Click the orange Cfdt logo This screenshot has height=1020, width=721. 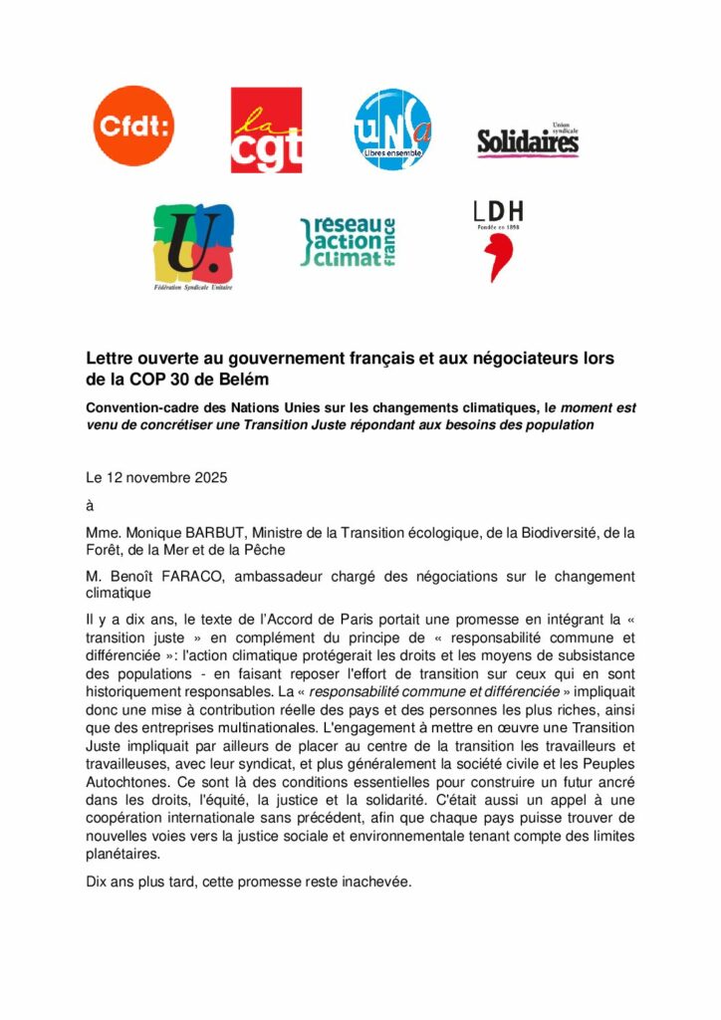coord(133,126)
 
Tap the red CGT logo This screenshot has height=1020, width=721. coord(266,129)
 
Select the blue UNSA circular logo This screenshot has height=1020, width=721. coord(393,129)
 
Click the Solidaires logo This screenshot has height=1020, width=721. coord(527,141)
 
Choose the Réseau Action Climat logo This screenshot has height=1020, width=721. coord(349,242)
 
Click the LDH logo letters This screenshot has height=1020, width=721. coord(498,211)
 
